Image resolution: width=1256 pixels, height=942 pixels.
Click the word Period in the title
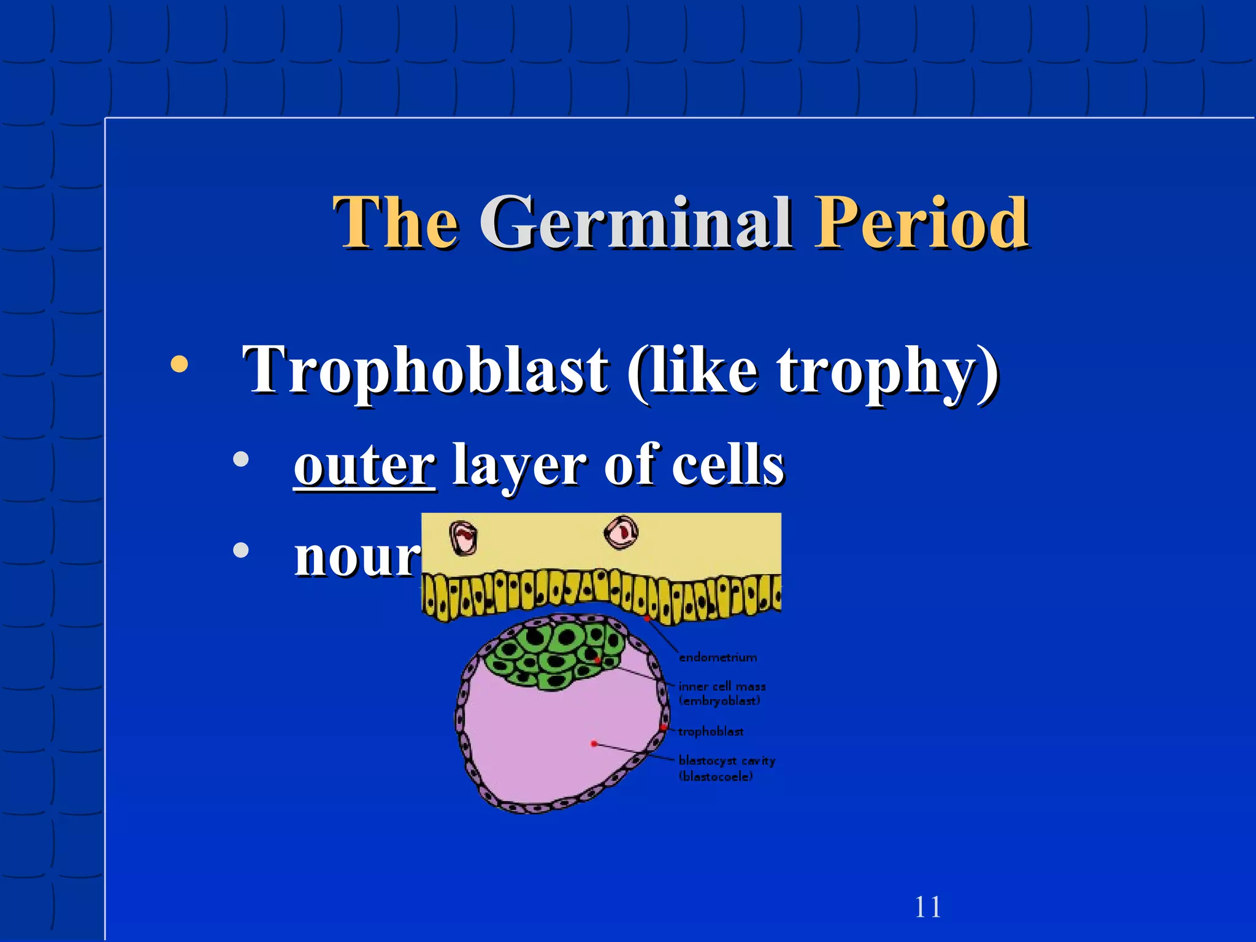click(921, 222)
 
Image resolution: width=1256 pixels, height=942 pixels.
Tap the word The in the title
click(396, 222)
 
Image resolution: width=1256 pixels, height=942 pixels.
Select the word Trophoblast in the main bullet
click(425, 370)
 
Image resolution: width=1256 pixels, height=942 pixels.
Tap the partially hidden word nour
click(356, 557)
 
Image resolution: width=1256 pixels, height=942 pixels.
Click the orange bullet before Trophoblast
click(179, 364)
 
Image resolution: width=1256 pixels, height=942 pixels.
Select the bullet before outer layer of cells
click(241, 459)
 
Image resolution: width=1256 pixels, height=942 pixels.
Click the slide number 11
click(927, 907)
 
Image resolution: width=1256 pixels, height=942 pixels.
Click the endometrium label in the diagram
click(718, 657)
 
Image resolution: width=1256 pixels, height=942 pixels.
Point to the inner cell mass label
click(722, 687)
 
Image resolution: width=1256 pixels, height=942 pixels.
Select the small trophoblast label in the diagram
click(710, 732)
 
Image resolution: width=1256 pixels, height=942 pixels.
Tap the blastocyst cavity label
click(727, 761)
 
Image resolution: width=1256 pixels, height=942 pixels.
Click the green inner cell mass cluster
click(552, 653)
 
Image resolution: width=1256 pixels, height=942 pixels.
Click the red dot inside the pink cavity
click(594, 744)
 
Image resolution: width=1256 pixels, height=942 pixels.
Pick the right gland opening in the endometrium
click(622, 532)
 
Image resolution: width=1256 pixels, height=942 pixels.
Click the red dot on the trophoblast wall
click(664, 727)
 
